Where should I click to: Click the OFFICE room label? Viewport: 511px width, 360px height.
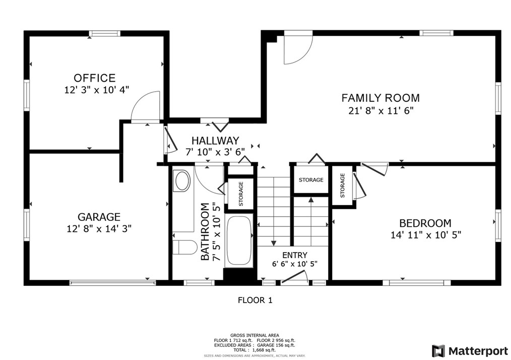pyautogui.click(x=95, y=78)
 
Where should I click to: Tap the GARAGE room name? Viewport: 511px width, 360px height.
pyautogui.click(x=99, y=217)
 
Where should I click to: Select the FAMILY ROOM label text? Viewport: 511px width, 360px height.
pyautogui.click(x=380, y=98)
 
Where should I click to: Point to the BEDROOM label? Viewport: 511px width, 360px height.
pyautogui.click(x=425, y=223)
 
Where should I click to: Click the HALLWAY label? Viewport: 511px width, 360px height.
pyautogui.click(x=215, y=141)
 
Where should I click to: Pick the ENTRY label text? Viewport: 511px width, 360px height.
pyautogui.click(x=295, y=255)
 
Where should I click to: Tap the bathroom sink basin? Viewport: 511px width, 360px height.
pyautogui.click(x=182, y=181)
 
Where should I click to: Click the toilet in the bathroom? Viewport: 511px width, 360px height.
pyautogui.click(x=184, y=247)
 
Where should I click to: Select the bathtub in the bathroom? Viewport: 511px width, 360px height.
pyautogui.click(x=239, y=241)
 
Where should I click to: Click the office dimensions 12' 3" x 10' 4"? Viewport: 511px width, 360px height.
pyautogui.click(x=96, y=90)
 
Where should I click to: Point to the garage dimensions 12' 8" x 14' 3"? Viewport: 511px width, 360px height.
pyautogui.click(x=99, y=228)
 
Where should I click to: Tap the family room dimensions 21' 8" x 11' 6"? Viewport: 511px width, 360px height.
pyautogui.click(x=381, y=111)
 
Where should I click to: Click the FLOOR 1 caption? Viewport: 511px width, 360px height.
pyautogui.click(x=255, y=300)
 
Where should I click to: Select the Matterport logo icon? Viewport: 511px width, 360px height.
pyautogui.click(x=438, y=351)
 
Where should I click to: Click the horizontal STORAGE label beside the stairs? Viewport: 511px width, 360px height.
pyautogui.click(x=311, y=179)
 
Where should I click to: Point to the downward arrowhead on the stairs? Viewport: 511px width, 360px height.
pyautogui.click(x=274, y=243)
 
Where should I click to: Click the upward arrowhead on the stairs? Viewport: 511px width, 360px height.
pyautogui.click(x=311, y=200)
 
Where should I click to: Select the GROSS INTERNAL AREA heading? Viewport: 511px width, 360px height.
pyautogui.click(x=254, y=335)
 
